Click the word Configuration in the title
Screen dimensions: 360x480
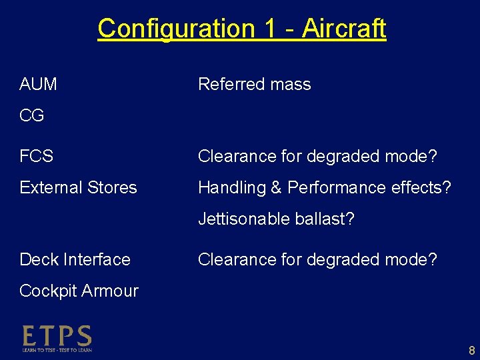click(176, 29)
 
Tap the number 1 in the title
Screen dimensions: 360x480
click(270, 29)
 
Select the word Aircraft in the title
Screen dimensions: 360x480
click(343, 29)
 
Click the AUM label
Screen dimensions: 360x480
click(38, 85)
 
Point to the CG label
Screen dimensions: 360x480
click(32, 116)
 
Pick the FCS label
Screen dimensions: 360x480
click(37, 157)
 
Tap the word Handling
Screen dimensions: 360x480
click(232, 188)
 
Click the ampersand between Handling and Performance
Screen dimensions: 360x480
click(276, 188)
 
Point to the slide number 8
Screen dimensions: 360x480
click(471, 351)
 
